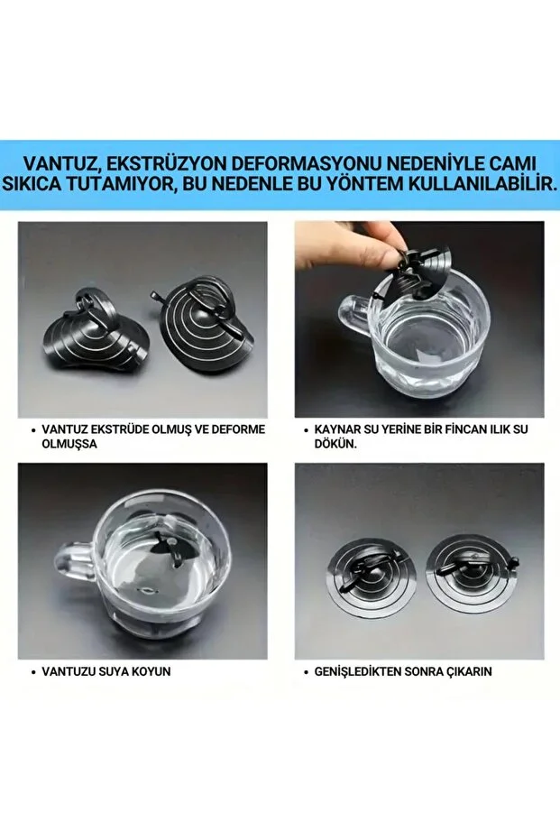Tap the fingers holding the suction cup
click(394, 239)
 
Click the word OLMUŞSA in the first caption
click(69, 445)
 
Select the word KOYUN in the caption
click(151, 672)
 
